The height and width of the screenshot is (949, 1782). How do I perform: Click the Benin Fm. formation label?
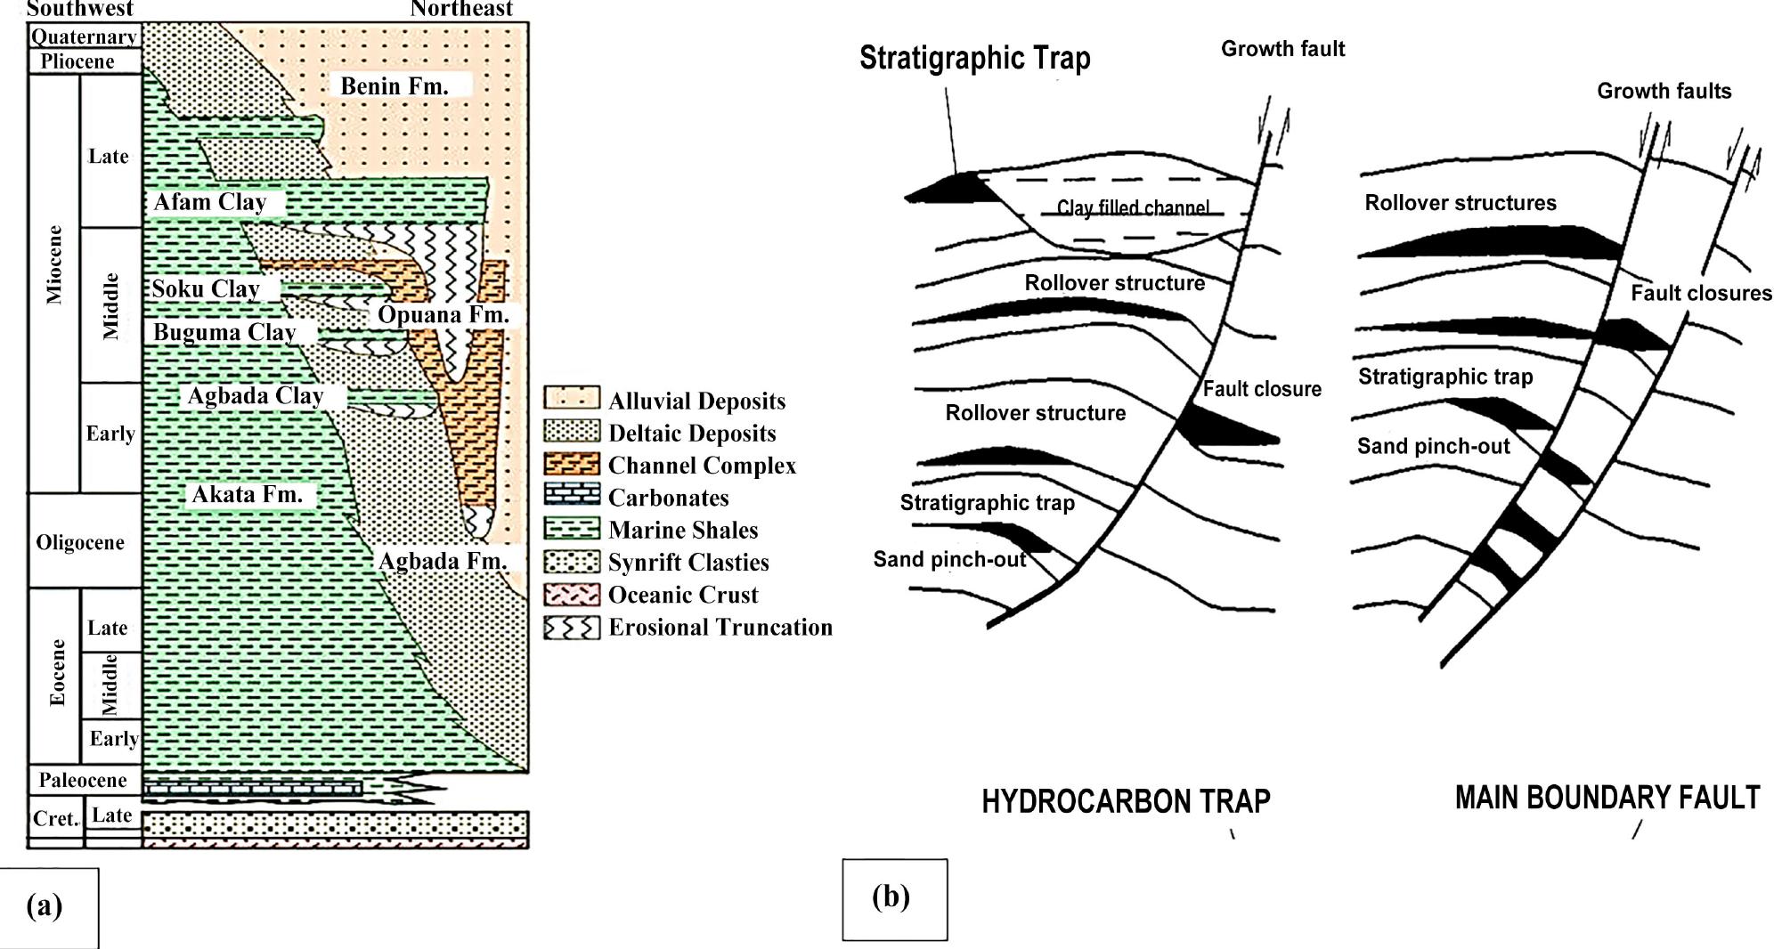[x=394, y=85]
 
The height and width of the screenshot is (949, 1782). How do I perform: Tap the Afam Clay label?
[x=210, y=202]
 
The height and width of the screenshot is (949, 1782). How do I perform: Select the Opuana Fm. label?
[x=443, y=314]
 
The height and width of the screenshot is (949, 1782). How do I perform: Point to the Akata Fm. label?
[x=247, y=494]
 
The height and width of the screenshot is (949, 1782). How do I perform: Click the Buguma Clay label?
[x=224, y=332]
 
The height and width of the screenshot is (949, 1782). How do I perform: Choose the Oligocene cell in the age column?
[x=80, y=542]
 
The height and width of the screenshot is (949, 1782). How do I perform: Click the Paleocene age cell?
[x=82, y=780]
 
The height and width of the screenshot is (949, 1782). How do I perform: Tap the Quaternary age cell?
[x=84, y=36]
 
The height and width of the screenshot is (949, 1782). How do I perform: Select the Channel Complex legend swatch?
[x=572, y=465]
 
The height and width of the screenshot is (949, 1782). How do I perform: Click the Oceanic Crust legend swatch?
[x=572, y=594]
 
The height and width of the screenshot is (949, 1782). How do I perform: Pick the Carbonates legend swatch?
[x=572, y=497]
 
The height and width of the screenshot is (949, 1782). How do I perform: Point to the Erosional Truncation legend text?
[x=720, y=627]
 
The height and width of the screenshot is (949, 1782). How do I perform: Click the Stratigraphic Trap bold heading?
[x=974, y=58]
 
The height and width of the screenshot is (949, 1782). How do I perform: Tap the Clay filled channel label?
[x=1133, y=207]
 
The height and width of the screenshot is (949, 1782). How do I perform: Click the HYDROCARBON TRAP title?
[x=1126, y=801]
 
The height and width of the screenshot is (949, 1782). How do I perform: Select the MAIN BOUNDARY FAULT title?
[x=1607, y=797]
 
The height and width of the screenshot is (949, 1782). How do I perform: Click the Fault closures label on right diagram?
[x=1701, y=293]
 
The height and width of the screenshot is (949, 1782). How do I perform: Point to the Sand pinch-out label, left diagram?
[x=949, y=559]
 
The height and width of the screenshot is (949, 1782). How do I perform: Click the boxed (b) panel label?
[x=893, y=897]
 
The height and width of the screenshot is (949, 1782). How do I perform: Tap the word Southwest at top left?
[x=80, y=9]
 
